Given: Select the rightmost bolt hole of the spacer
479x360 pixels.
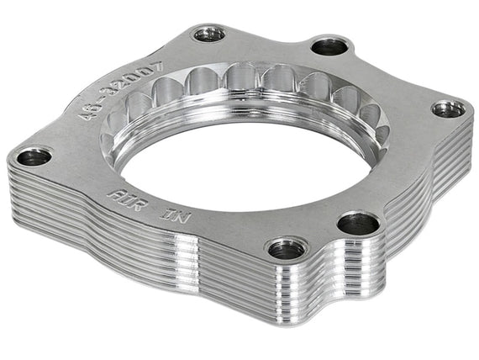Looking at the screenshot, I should click(x=448, y=109).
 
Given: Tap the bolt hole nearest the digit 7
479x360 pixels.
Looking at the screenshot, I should click(x=209, y=34).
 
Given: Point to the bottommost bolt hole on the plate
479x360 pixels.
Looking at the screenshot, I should click(x=287, y=248).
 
